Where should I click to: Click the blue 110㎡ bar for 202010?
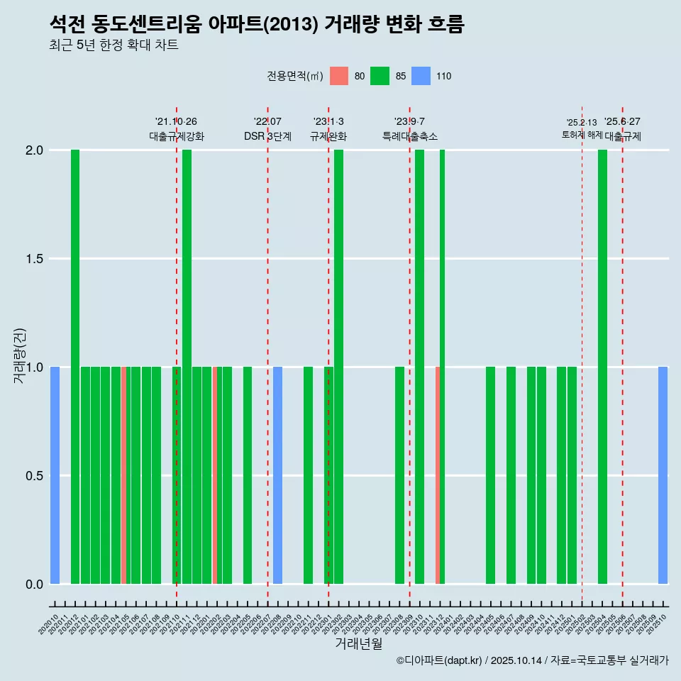[x=55, y=475]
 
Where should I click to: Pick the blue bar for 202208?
[x=277, y=475]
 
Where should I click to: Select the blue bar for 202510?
[x=663, y=475]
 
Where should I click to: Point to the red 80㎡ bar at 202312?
[x=438, y=475]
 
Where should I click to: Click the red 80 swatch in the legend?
[x=339, y=76]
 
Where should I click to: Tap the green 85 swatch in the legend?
[x=380, y=76]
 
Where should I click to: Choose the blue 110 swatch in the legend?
[x=421, y=76]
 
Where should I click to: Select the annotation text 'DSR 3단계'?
[x=267, y=136]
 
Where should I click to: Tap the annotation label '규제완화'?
[x=328, y=136]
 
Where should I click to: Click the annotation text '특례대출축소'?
[x=409, y=136]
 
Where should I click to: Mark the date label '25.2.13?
[x=582, y=123]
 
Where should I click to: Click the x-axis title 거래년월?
[x=358, y=644]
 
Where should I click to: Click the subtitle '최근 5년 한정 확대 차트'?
[x=113, y=45]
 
